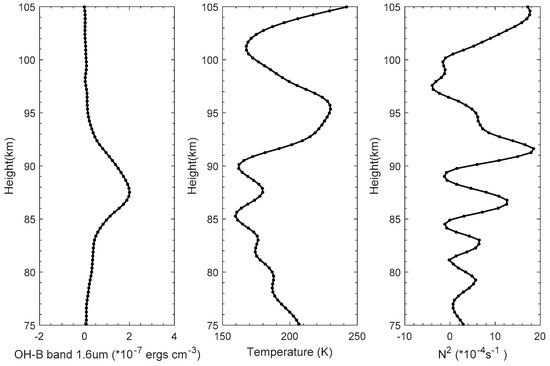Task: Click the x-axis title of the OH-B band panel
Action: click(90, 354)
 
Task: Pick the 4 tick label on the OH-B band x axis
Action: click(174, 337)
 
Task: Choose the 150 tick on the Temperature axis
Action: click(223, 337)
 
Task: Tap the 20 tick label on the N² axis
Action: click(537, 337)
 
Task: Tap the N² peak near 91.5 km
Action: click(533, 149)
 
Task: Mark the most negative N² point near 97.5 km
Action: click(432, 87)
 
